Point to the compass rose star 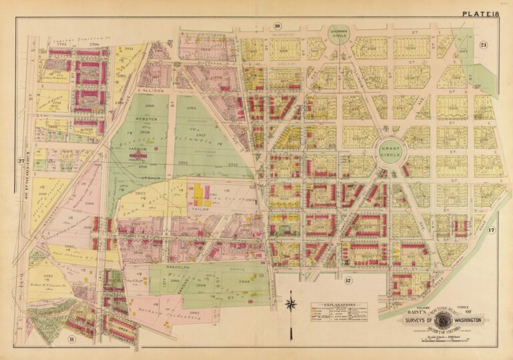pos(291,305)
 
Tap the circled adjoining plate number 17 pos(491,230)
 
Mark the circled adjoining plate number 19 pos(276,26)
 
